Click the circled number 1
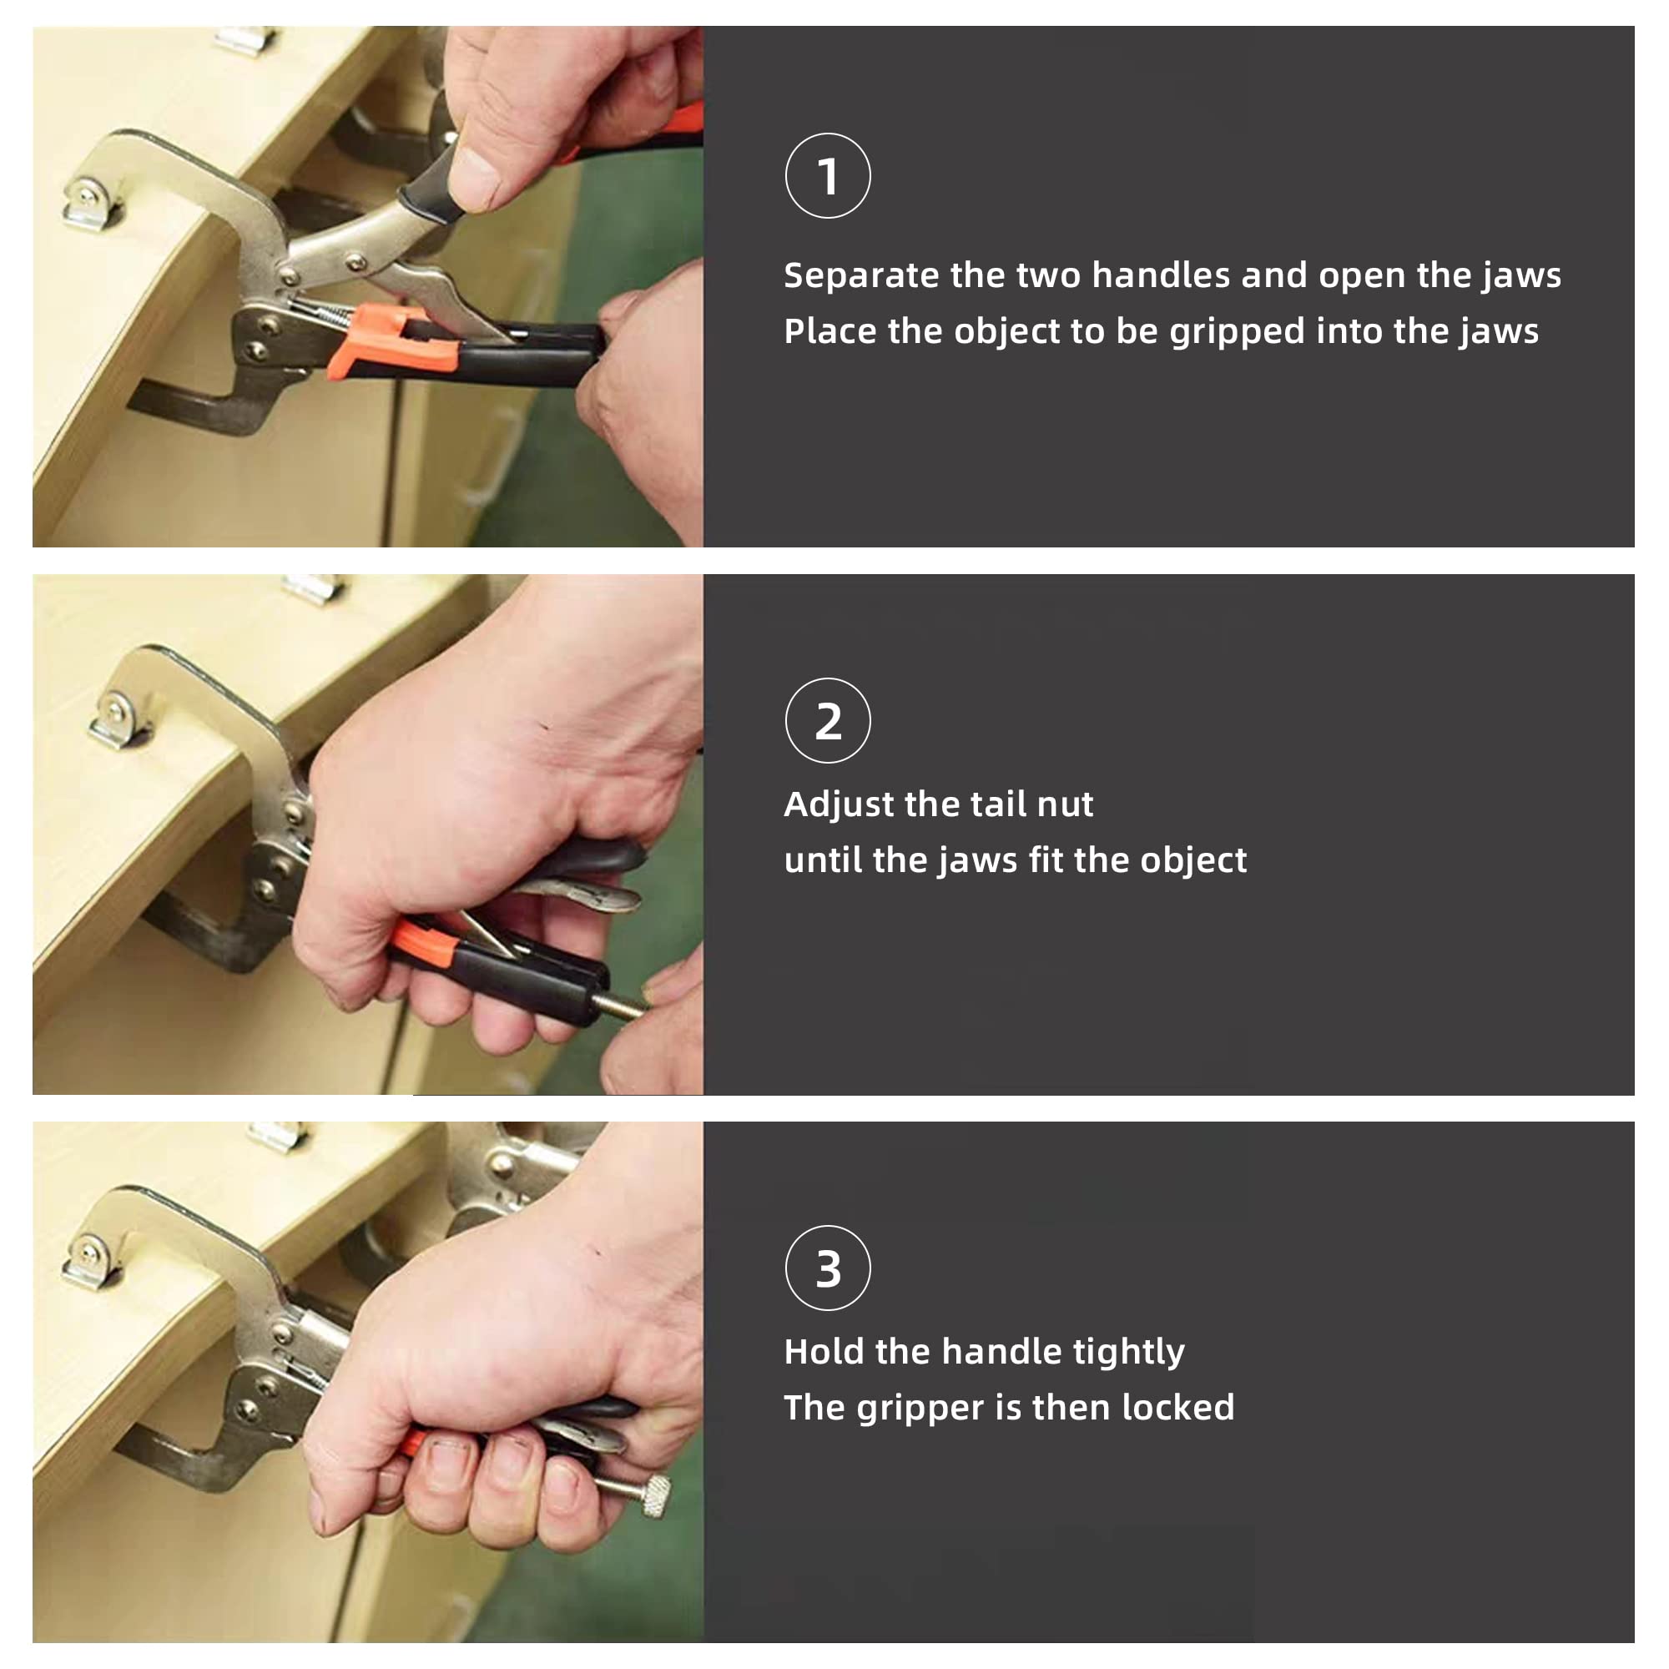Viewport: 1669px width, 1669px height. click(828, 175)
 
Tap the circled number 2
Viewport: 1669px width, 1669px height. click(828, 720)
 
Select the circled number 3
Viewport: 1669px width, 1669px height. click(828, 1268)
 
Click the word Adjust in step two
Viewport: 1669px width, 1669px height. click(838, 805)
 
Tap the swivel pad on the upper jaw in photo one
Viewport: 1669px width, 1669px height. click(92, 205)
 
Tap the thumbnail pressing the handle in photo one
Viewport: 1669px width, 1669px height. click(473, 180)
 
